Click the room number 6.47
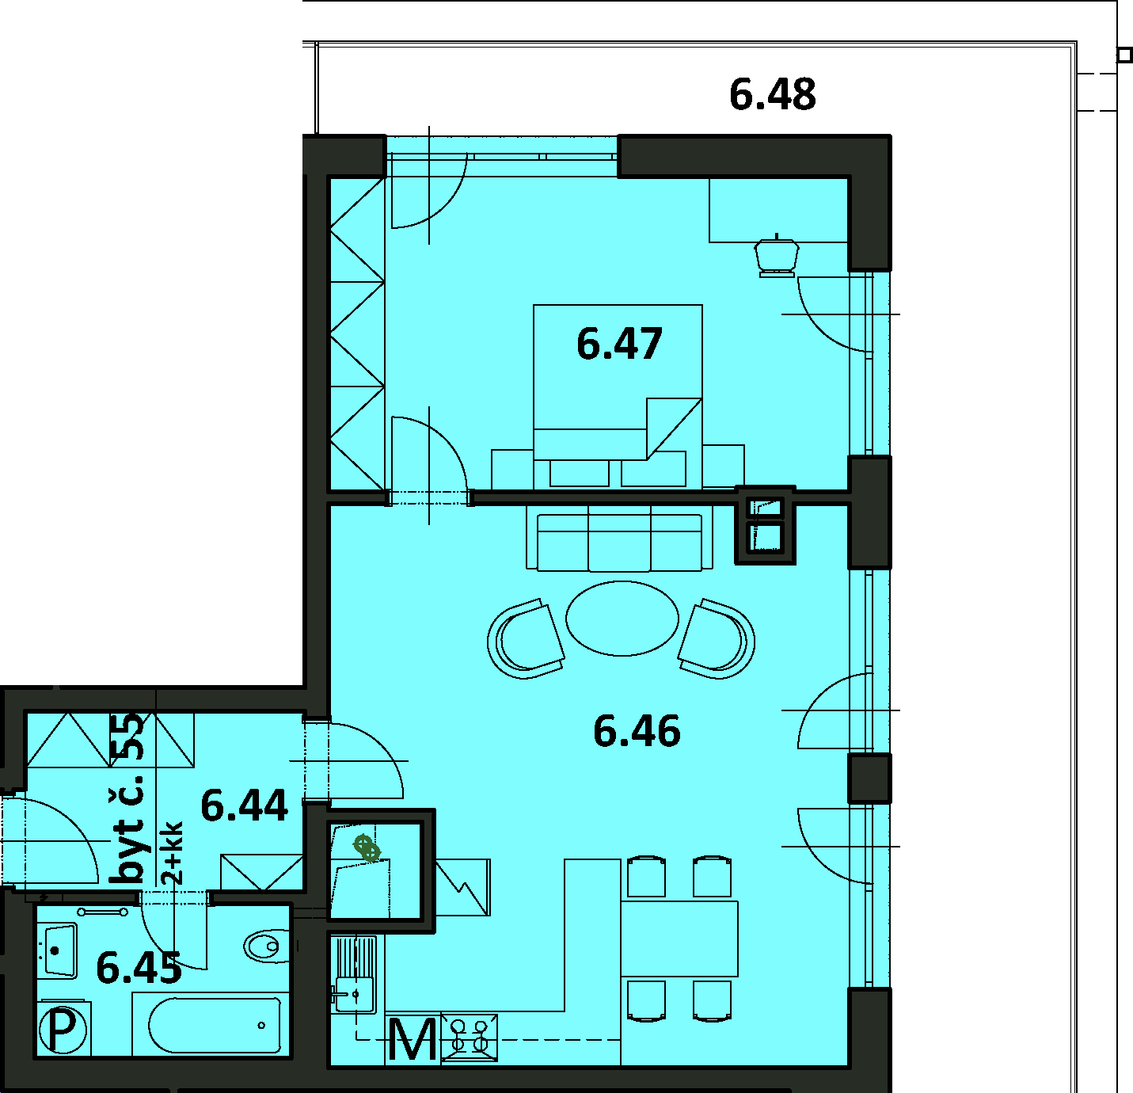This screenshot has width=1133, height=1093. tap(619, 344)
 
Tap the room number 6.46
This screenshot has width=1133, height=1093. tap(637, 731)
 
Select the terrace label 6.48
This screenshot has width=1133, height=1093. tap(773, 95)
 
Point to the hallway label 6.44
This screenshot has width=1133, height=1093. tap(244, 806)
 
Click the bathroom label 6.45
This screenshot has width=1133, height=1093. tap(139, 969)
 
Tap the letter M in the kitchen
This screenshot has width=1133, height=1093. tap(413, 1040)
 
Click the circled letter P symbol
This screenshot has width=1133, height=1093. tap(63, 1030)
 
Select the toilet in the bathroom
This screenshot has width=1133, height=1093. tap(266, 946)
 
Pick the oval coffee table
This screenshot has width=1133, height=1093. tap(622, 619)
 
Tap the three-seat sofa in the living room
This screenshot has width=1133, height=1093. tap(619, 539)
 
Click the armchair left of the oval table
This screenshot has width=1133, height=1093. tap(526, 639)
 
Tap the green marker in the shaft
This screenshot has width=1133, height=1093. tap(367, 847)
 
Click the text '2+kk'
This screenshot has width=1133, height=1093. tap(173, 853)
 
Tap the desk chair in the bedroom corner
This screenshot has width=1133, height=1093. tap(776, 255)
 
